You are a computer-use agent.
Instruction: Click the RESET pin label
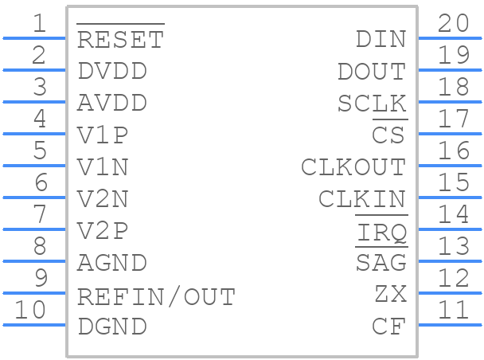click(120, 40)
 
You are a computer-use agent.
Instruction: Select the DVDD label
click(112, 71)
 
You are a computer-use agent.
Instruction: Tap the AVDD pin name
click(112, 104)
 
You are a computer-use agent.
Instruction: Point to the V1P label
click(103, 135)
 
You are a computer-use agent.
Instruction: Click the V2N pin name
click(103, 199)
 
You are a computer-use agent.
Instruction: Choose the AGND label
click(112, 263)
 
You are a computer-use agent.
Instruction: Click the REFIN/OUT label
click(156, 297)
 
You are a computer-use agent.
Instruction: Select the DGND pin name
click(112, 327)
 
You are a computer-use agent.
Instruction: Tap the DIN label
click(381, 39)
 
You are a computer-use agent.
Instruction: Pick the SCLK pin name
click(372, 104)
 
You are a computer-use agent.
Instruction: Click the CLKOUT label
click(353, 167)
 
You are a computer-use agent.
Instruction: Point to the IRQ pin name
click(381, 232)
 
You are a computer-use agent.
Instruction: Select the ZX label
click(390, 294)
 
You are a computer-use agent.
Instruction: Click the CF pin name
click(389, 327)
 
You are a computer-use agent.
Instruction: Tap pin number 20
click(455, 23)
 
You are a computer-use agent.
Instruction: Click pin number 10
click(31, 310)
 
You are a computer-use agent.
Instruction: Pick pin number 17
click(455, 119)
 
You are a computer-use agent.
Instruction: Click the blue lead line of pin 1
click(34, 37)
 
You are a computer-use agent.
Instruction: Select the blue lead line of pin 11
click(450, 324)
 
